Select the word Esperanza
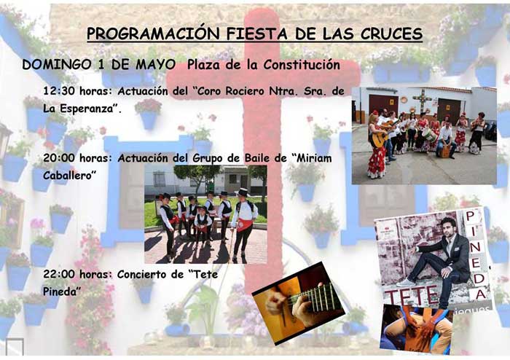[87, 108]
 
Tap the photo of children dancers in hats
[205, 214]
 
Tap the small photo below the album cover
[416, 329]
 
